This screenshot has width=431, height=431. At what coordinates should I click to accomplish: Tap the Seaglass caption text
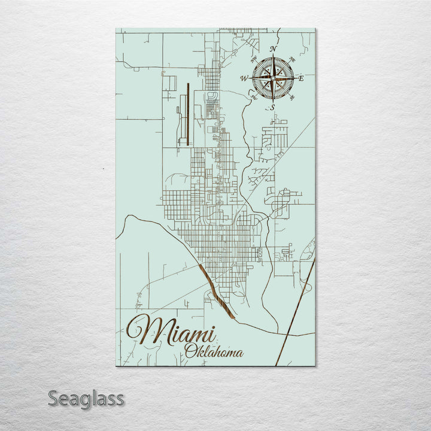[86, 398]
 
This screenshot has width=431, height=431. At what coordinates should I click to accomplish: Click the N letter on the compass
[273, 49]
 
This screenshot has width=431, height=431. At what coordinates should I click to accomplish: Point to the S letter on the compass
[273, 107]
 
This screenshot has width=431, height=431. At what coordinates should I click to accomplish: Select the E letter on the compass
[301, 78]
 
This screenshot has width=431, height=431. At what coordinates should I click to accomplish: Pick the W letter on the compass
[244, 78]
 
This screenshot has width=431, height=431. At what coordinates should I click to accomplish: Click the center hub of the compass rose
[273, 78]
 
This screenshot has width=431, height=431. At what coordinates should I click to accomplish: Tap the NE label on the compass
[292, 59]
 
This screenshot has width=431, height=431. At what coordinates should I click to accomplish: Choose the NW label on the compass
[254, 59]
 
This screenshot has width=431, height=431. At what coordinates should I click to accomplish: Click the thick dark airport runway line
[188, 114]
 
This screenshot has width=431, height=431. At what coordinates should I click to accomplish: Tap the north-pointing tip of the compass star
[273, 57]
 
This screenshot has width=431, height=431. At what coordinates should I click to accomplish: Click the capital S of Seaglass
[53, 398]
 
